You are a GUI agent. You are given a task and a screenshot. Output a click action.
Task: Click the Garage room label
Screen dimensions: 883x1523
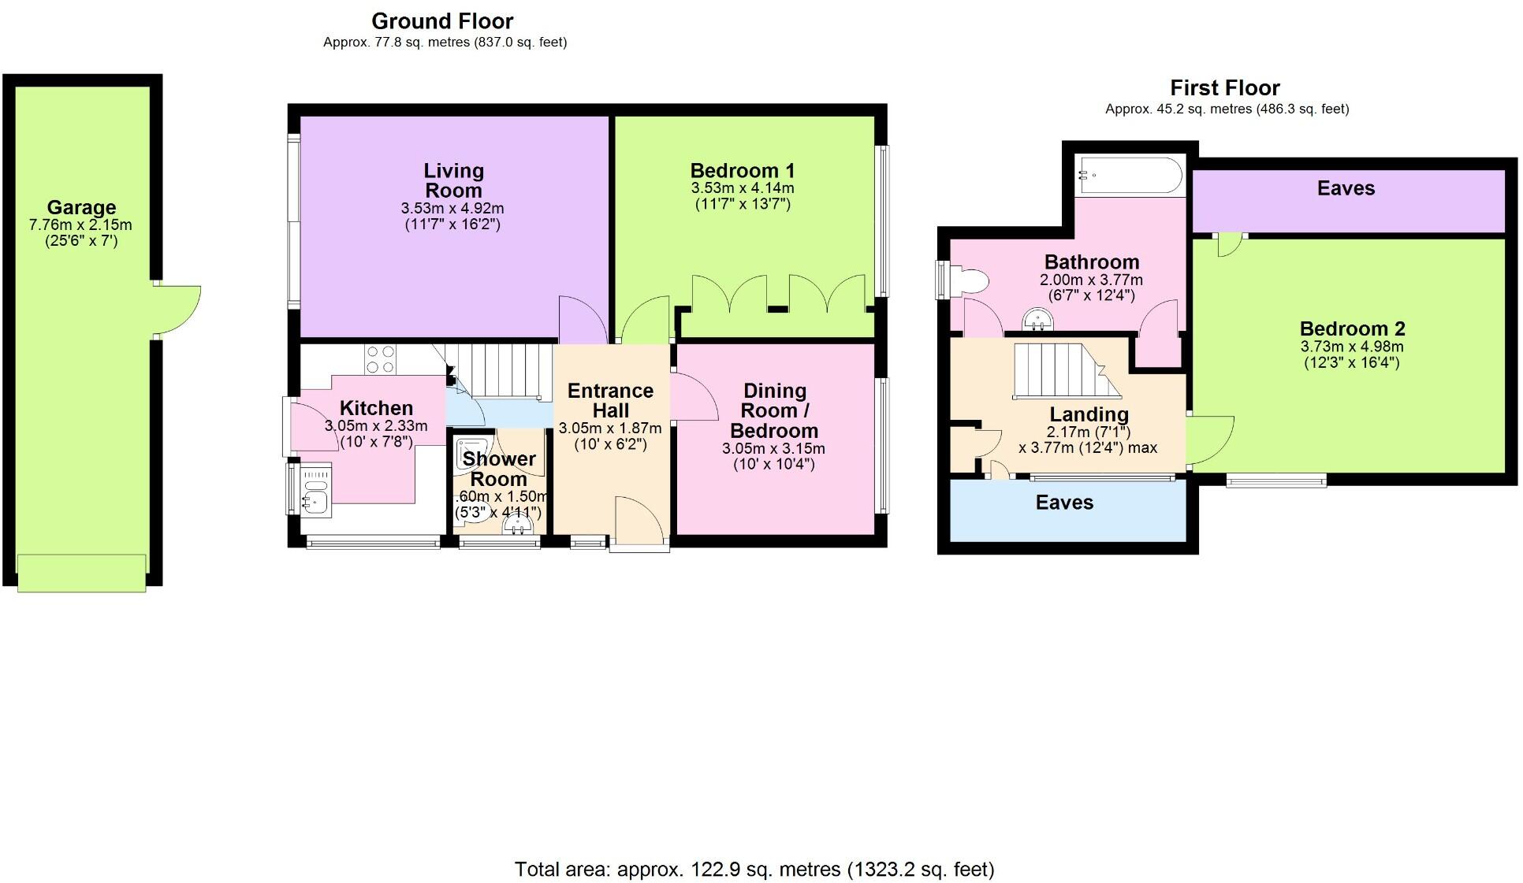[x=81, y=207]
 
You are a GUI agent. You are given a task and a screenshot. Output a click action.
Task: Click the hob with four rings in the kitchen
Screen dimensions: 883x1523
[x=380, y=360]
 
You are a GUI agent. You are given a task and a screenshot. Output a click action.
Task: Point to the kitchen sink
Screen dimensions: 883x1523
[x=315, y=490]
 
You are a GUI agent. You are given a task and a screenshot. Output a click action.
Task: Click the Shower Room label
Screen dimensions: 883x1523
[x=498, y=469]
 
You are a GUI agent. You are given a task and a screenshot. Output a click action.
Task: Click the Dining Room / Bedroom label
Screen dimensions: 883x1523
[x=774, y=410]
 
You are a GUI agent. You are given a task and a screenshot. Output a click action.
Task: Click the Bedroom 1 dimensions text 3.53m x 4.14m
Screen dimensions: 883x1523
[x=742, y=188]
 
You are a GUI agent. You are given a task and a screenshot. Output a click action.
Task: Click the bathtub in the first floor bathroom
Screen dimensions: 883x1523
[x=1130, y=175]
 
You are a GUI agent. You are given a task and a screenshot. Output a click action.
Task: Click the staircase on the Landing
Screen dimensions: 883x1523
[x=1064, y=370]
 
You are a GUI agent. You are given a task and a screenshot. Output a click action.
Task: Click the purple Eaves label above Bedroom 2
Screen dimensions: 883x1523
[x=1346, y=188]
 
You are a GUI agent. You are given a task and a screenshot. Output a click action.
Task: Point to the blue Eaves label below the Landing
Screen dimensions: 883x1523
[x=1064, y=503]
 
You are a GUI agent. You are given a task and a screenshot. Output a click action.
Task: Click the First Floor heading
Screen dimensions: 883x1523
[x=1224, y=87]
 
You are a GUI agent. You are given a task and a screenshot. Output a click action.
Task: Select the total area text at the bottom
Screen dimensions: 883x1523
[x=754, y=869]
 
